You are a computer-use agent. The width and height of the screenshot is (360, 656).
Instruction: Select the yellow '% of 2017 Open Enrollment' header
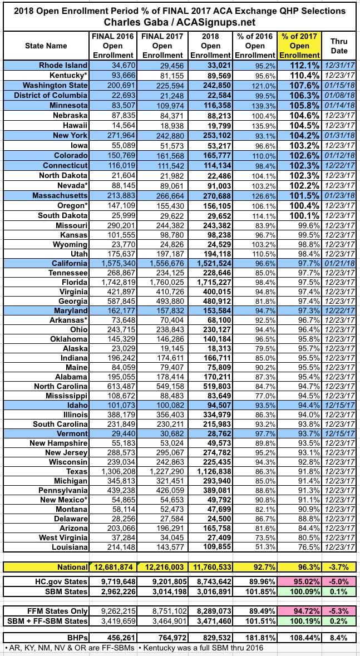(x=299, y=46)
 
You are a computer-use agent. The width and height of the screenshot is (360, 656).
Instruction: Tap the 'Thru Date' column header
(x=339, y=46)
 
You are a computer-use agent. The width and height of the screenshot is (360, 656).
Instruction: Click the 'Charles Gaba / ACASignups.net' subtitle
(x=180, y=22)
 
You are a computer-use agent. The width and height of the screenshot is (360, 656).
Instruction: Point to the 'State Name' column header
(x=46, y=46)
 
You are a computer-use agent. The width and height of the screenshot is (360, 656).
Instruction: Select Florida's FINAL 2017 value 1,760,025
(x=162, y=283)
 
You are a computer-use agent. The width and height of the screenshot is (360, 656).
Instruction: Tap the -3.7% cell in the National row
(x=339, y=567)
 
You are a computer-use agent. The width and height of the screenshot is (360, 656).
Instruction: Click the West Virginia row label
(x=63, y=537)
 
